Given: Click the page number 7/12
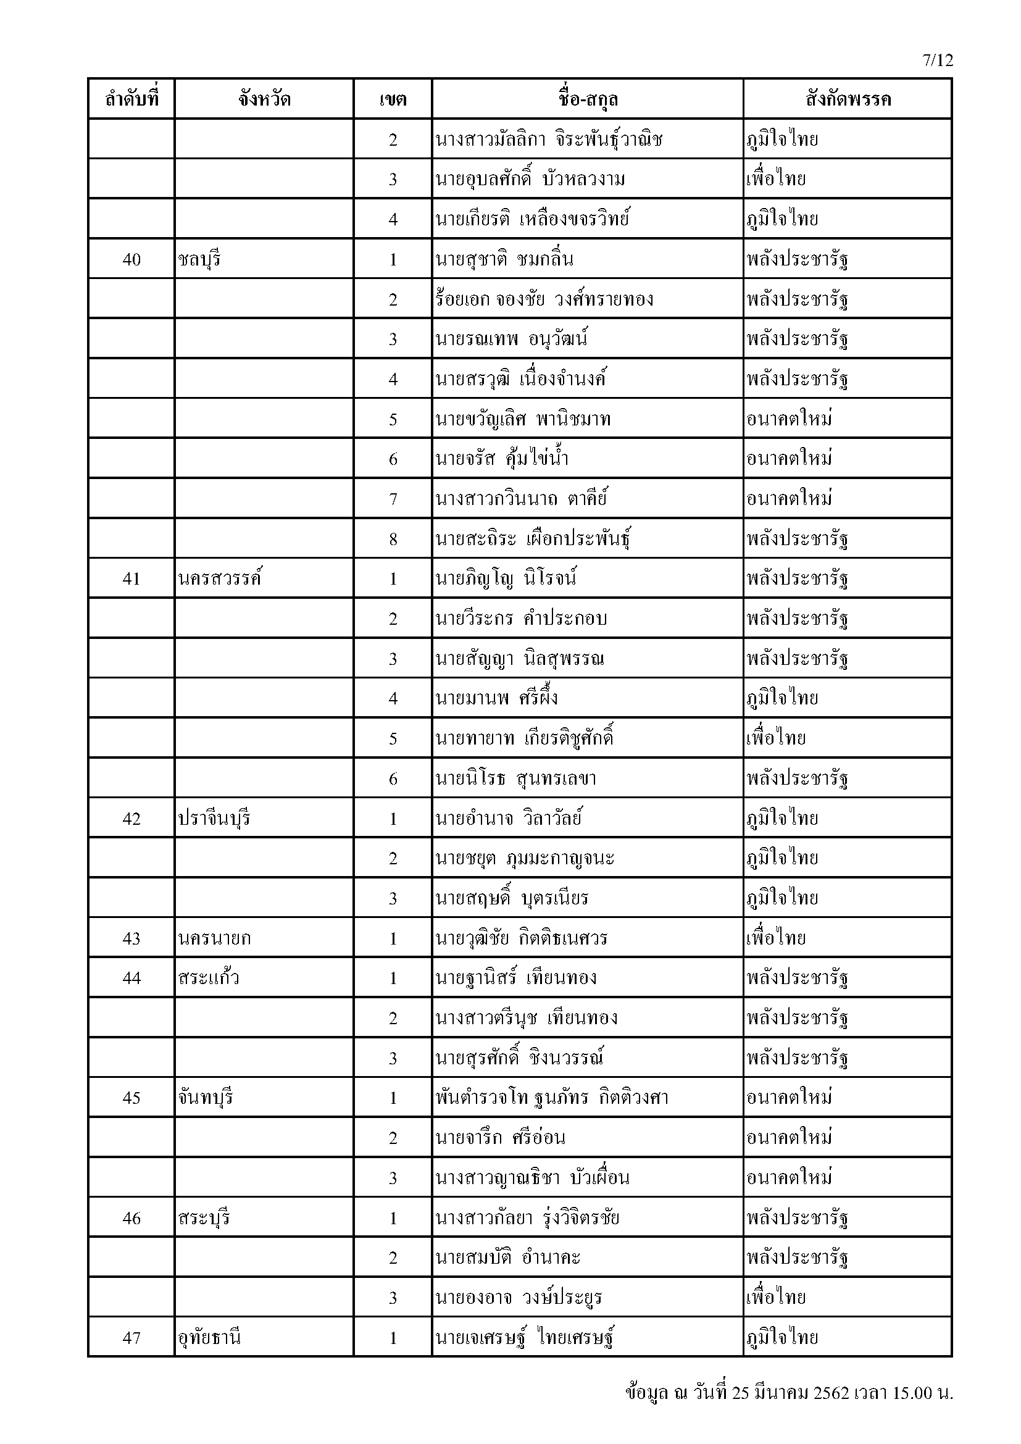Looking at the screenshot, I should pos(938,60).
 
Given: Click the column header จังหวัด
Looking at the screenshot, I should pos(264,99).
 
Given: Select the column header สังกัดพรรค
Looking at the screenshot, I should pos(848,99).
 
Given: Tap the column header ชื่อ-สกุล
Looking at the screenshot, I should pos(587,99).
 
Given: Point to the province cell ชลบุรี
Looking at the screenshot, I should pos(199,259).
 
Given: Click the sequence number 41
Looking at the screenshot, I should pos(131,578).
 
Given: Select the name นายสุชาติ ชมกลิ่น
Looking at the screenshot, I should pos(504,259).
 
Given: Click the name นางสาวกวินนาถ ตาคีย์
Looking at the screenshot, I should pos(521,499).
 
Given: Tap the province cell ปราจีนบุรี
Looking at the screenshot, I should pos(214,818).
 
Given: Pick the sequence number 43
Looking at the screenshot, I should pos(131,938).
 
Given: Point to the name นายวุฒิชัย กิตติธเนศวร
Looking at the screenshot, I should pos(521,938).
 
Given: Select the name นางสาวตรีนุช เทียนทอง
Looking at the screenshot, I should pos(526,1018).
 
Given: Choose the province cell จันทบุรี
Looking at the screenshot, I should pos(205,1098).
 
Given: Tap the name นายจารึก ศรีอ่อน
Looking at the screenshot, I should pos(500,1138).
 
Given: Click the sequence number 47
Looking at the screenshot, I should pos(131,1338).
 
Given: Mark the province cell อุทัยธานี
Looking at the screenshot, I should pos(209,1338).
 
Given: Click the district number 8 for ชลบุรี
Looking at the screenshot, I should pos(393,539).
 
